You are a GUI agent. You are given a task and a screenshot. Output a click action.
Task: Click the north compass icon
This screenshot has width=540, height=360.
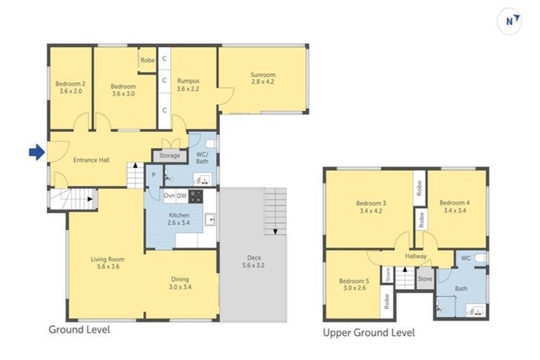[x=510, y=22]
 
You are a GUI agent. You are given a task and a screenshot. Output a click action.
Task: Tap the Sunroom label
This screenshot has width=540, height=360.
[x=263, y=78]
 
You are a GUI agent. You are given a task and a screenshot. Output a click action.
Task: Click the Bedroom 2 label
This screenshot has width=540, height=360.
[x=70, y=88]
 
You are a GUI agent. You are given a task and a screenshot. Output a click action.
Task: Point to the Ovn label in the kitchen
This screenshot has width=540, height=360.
[x=169, y=195]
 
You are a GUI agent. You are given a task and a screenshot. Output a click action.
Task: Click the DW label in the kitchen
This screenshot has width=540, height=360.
[x=181, y=195]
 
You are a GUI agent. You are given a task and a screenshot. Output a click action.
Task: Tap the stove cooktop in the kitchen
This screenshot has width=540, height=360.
[x=195, y=195]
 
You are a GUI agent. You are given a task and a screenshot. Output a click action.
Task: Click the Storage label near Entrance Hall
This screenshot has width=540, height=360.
[x=169, y=155]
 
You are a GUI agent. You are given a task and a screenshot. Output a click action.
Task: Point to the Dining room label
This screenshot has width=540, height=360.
[x=180, y=283]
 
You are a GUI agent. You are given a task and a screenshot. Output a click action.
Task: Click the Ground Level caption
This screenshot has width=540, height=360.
[x=79, y=329]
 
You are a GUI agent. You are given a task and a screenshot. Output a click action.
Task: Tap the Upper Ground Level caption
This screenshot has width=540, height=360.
[x=368, y=333]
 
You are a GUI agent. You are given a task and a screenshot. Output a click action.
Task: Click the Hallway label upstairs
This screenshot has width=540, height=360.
[x=416, y=256]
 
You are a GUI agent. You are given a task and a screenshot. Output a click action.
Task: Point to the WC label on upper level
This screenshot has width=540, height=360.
[x=465, y=258]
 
